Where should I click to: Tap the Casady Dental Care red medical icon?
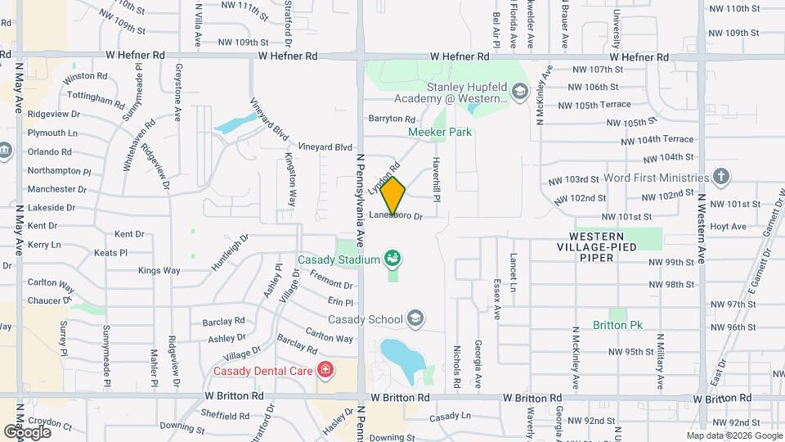tap(325, 371)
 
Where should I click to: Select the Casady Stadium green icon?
tap(393, 259)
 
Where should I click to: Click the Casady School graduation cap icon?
tap(415, 318)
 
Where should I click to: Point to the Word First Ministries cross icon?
tap(720, 177)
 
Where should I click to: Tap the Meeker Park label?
tap(441, 131)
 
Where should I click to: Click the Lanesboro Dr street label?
tap(396, 216)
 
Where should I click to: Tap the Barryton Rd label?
tap(392, 119)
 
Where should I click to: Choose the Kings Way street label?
tap(159, 270)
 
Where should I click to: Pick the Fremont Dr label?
tap(331, 285)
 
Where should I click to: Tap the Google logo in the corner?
tap(27, 431)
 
